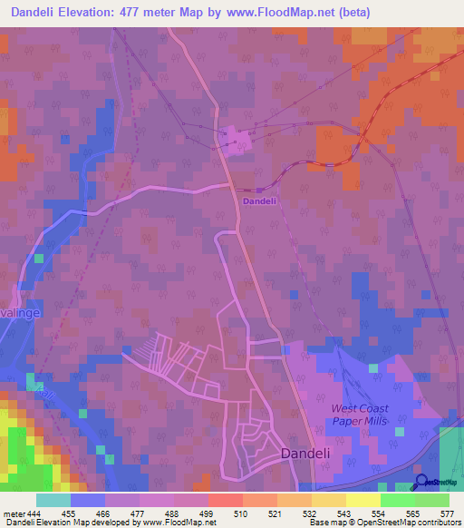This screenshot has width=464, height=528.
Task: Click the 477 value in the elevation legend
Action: (x=140, y=513)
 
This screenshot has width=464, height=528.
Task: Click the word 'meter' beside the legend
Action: (x=11, y=513)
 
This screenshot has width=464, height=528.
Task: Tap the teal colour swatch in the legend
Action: (x=53, y=500)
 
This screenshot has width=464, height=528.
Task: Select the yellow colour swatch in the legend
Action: (x=363, y=500)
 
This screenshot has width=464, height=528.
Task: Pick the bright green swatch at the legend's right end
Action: (x=432, y=500)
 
